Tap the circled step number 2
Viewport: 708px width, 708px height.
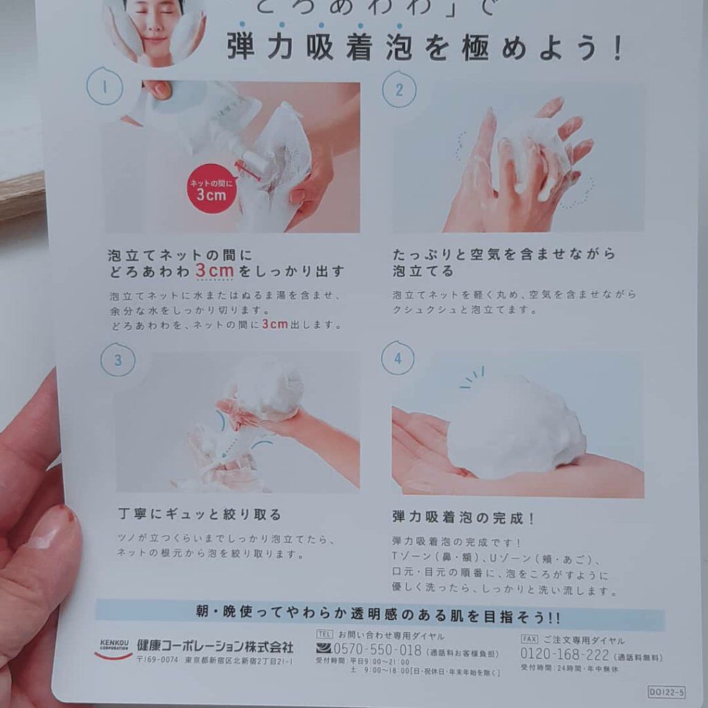coord(399,90)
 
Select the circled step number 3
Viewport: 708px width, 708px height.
coord(118,360)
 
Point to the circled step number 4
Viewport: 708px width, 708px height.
coord(398,358)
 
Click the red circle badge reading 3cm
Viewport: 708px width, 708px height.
coord(212,188)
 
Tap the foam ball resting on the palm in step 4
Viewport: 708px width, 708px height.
coord(515,429)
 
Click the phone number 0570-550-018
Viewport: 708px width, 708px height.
coord(378,649)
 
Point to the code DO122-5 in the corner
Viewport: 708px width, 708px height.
coord(667,691)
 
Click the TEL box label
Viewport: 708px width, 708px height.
coord(324,634)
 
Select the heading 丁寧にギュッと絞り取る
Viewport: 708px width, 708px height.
coord(200,514)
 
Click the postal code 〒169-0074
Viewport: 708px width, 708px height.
coord(158,662)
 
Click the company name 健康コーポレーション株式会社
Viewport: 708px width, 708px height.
coord(215,646)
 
